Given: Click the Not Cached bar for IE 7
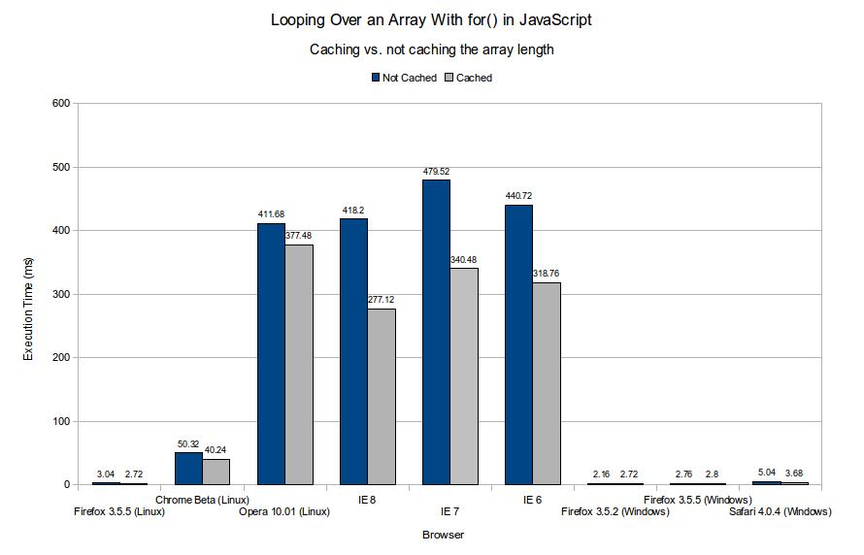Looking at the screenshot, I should pyautogui.click(x=436, y=332).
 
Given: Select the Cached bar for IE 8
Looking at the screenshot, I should pyautogui.click(x=382, y=397).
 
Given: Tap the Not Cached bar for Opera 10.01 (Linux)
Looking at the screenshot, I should pyautogui.click(x=271, y=353).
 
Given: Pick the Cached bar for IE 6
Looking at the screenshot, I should pyautogui.click(x=547, y=383).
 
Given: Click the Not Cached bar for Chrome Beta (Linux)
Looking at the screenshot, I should pyautogui.click(x=188, y=469).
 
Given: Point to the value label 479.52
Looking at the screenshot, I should pyautogui.click(x=436, y=172).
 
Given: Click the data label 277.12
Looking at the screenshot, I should pyautogui.click(x=382, y=301).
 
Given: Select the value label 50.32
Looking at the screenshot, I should pyautogui.click(x=188, y=444).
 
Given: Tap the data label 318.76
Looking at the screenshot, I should pyautogui.click(x=547, y=275).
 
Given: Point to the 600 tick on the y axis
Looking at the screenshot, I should pyautogui.click(x=60, y=103).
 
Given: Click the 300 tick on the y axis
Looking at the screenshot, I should pyautogui.click(x=60, y=294).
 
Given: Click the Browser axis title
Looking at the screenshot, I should pyautogui.click(x=443, y=535).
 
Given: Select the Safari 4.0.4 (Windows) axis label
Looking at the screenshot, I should pyautogui.click(x=781, y=511).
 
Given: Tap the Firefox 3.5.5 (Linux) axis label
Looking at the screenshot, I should pyautogui.click(x=120, y=511).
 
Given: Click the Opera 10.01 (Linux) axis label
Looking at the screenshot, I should pyautogui.click(x=284, y=511).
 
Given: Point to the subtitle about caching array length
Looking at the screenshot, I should pyautogui.click(x=431, y=49).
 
